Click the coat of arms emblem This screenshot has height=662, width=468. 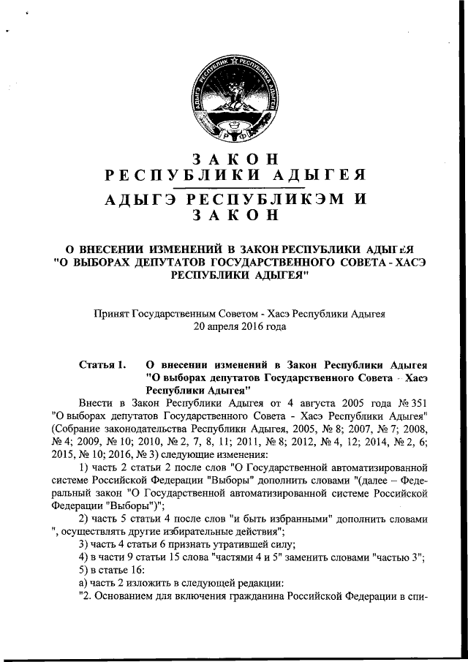[234, 99]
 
